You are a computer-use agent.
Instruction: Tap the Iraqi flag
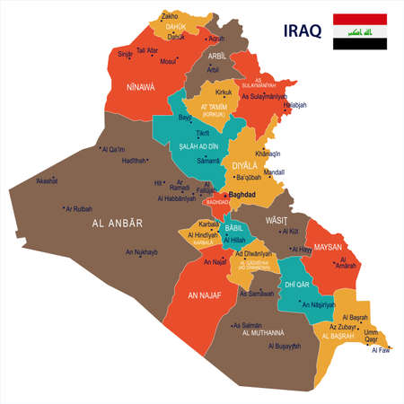tap(361, 31)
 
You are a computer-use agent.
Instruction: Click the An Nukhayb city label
tap(142, 251)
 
